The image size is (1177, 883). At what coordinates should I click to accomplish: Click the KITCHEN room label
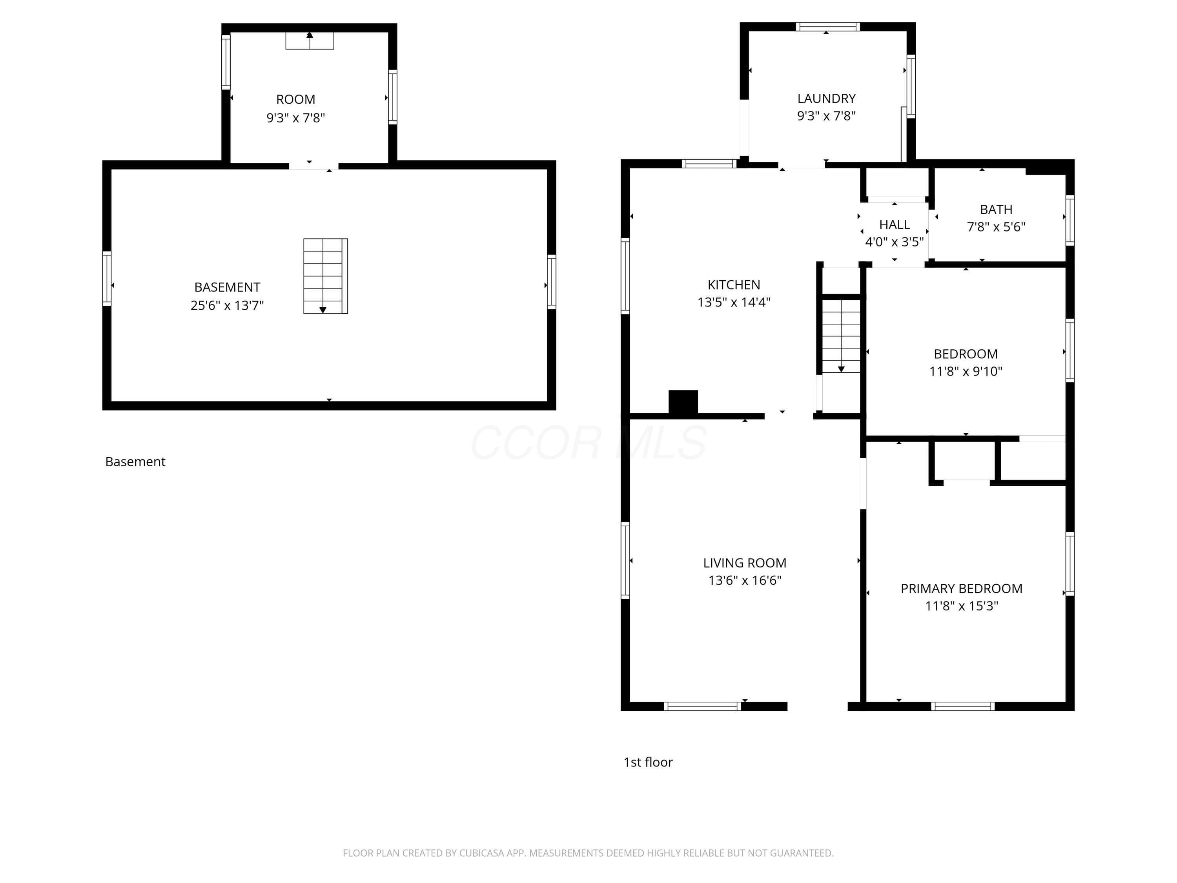coord(734,285)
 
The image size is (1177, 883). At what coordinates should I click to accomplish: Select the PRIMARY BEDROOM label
coord(962,589)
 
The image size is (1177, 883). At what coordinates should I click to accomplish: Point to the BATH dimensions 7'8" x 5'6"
coord(996,227)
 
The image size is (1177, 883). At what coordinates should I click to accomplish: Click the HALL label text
coord(895,224)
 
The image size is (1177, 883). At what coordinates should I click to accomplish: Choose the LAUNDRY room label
coord(826,99)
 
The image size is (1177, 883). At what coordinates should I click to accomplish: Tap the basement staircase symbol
coord(326,276)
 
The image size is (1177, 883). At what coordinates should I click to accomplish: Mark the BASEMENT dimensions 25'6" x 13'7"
coord(227,305)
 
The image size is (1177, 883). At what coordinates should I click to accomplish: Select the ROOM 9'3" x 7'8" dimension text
coord(296,118)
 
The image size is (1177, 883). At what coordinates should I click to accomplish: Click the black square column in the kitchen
coord(683,402)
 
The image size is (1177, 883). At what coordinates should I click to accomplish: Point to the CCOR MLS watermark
coord(588,442)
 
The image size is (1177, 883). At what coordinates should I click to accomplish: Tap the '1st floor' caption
coord(648,762)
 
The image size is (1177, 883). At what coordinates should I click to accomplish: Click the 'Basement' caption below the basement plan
coord(135,462)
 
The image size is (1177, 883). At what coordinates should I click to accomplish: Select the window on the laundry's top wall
coord(828,27)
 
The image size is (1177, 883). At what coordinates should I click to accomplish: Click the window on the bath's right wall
coord(1070,220)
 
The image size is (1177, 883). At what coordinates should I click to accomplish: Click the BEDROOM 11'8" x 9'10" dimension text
coord(966,372)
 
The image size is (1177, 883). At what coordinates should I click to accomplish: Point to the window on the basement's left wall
coord(107,278)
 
